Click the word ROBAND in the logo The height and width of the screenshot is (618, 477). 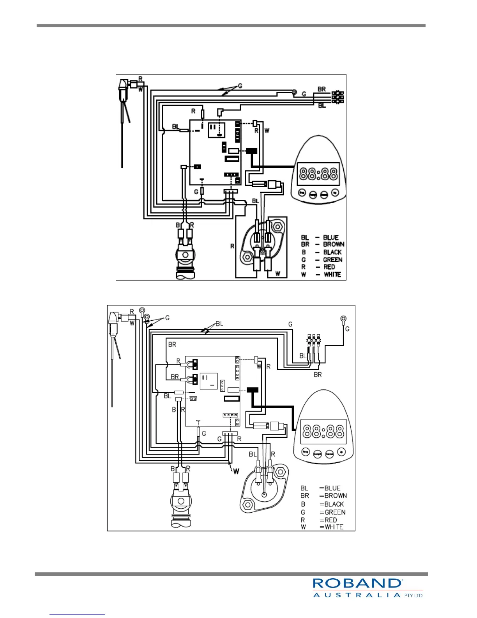coord(357,583)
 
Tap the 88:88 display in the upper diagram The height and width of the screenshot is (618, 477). coord(318,174)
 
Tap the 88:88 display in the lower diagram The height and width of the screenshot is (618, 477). coord(323,431)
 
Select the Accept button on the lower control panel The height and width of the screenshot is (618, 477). coord(317,454)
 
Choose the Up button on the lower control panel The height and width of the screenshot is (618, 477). coord(341,452)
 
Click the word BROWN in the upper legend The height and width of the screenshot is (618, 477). coord(334,244)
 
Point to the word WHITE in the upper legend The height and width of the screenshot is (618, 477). coord(332,274)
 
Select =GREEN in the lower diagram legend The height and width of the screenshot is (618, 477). coord(332,512)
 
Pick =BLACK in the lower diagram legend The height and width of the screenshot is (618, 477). coord(332,504)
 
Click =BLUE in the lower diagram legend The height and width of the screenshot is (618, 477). coord(330,488)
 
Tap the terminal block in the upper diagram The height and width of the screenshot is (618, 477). coord(337,97)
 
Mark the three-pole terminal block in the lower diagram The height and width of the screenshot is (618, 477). coord(314,340)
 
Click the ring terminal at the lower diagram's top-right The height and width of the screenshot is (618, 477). coord(343,319)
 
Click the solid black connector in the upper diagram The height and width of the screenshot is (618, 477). coord(251,151)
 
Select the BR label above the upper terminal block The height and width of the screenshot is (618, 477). coord(322,89)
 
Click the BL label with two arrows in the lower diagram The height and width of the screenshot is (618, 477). coord(219,323)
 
